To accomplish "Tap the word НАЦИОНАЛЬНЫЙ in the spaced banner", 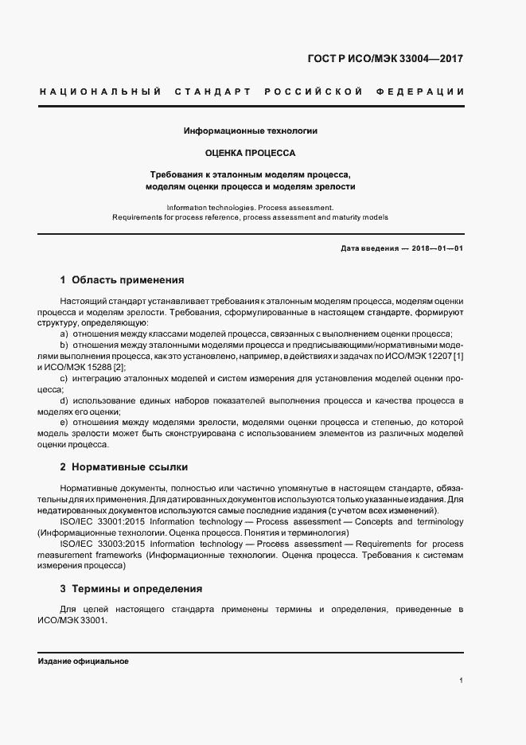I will (x=101, y=92).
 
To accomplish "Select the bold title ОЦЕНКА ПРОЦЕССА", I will (x=251, y=151).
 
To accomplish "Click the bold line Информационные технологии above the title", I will (x=251, y=130).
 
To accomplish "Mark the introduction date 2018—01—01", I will (x=438, y=248).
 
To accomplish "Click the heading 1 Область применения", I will (x=122, y=280).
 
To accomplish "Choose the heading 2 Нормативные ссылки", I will (x=124, y=467).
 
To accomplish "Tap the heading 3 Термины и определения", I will (x=131, y=589).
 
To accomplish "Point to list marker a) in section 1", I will (x=64, y=334).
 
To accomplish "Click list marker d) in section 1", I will (x=64, y=400).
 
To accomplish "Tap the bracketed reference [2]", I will (x=119, y=367).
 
